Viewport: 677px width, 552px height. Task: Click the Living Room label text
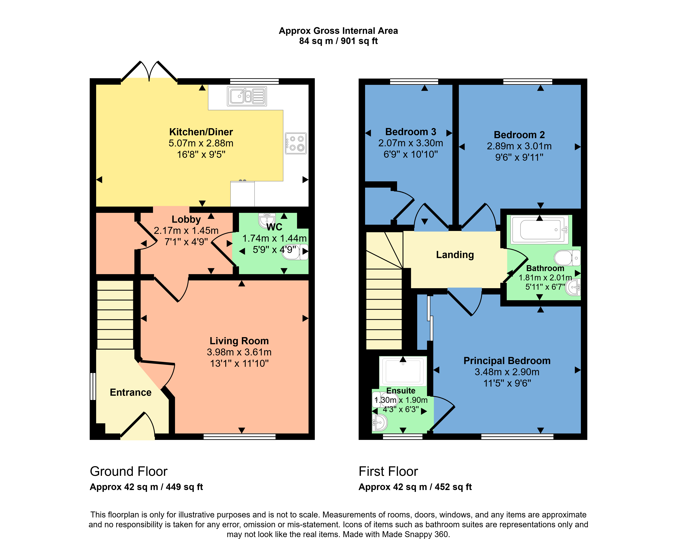239,341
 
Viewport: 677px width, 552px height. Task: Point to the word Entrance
131,392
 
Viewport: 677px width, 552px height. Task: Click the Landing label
455,255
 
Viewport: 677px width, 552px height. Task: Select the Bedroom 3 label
411,132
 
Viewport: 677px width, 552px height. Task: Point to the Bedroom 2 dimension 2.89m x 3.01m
519,146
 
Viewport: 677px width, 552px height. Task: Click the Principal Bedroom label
507,361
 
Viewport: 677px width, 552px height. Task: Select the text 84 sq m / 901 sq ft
338,41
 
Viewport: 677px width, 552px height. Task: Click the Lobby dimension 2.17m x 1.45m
186,230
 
